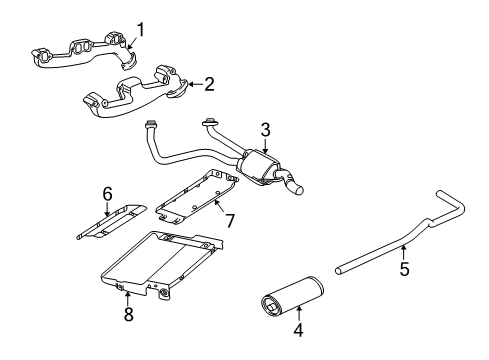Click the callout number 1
(x=140, y=29)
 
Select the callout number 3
(x=265, y=129)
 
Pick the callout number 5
(x=404, y=267)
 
